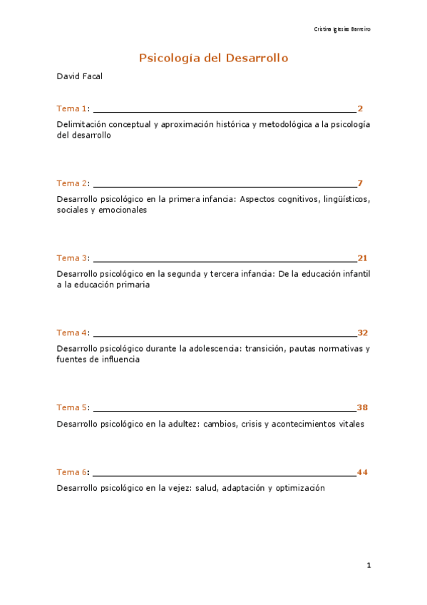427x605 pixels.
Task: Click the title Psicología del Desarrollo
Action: pos(213,58)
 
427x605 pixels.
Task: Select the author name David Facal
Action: pos(79,76)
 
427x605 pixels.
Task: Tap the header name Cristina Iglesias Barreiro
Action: pos(342,29)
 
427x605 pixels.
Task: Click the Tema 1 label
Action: pos(72,108)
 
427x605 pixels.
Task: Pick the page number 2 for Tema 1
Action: pos(360,108)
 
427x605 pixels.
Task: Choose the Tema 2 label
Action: pos(72,183)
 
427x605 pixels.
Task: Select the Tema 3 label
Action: pos(72,258)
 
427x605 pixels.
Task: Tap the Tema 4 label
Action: pos(72,332)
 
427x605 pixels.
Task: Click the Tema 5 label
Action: pos(72,407)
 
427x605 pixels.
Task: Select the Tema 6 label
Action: pos(72,472)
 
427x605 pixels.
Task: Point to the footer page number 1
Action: pos(369,566)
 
